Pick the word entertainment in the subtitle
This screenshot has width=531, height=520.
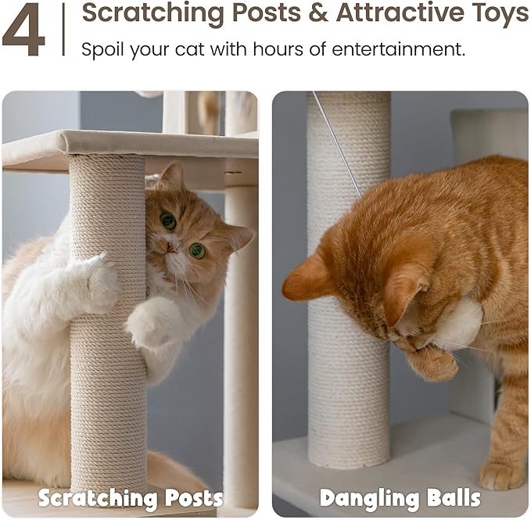398,49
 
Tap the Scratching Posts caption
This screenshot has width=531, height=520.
131,497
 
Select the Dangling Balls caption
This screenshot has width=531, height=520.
400,497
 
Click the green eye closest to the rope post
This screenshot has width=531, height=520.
167,221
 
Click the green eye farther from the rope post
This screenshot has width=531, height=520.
197,250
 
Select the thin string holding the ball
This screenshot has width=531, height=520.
337,144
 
